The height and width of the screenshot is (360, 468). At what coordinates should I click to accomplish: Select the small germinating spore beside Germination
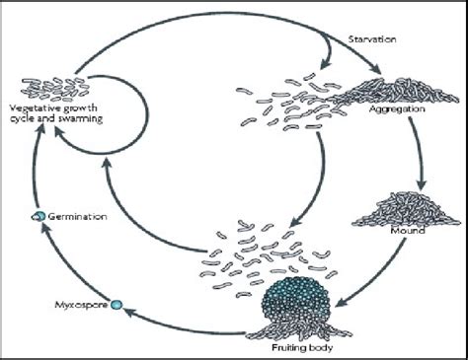37,215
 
